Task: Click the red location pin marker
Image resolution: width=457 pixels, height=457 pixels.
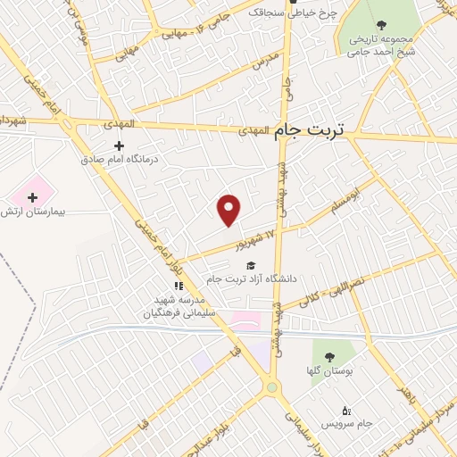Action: pos(229,209)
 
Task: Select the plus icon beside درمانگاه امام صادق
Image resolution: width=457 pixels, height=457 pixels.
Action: pos(119,145)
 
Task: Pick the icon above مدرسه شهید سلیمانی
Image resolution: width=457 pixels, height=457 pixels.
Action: pos(178,286)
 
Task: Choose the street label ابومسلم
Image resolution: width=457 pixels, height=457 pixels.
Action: pos(346,199)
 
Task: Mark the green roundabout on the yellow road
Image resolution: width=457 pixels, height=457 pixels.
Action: pos(271,387)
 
